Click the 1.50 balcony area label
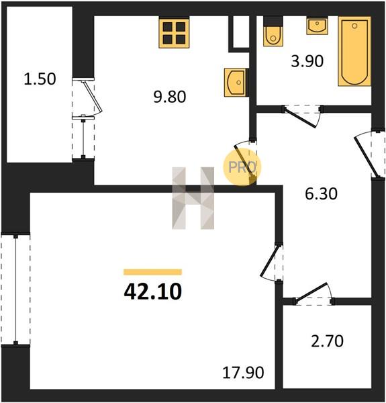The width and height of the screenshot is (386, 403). click(x=40, y=79)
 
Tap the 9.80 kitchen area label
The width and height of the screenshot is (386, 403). click(x=170, y=97)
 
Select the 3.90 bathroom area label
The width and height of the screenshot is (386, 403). click(x=307, y=62)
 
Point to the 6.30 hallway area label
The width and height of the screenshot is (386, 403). click(x=321, y=194)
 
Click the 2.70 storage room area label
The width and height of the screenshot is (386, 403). click(x=327, y=341)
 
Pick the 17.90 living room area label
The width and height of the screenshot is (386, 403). click(x=243, y=372)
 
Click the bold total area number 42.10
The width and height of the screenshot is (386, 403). click(x=153, y=292)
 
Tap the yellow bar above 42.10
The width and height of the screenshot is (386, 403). click(x=153, y=272)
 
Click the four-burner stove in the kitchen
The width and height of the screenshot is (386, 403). click(x=174, y=32)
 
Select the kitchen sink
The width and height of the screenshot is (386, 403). click(x=236, y=83)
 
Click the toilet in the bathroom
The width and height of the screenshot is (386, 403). click(x=273, y=32)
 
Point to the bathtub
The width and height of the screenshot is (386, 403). click(x=354, y=51)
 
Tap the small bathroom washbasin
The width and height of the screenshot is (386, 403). click(x=317, y=26)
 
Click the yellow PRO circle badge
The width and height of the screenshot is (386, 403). click(x=242, y=167)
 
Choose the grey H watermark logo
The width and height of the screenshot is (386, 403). click(x=193, y=198)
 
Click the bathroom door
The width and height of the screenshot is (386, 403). click(x=302, y=116)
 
